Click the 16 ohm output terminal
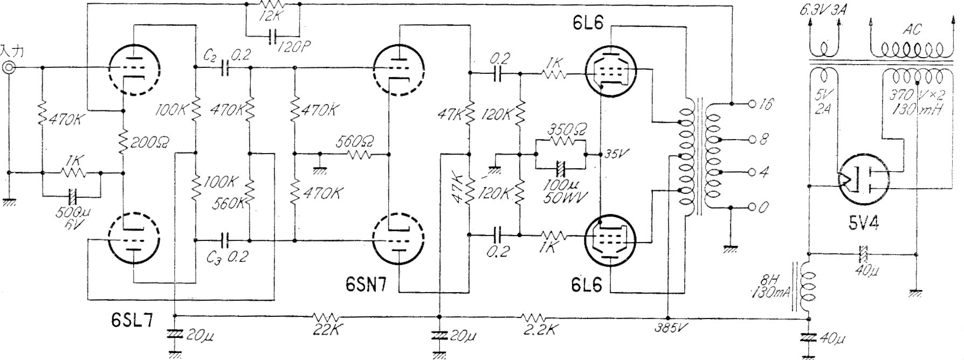click(752, 104)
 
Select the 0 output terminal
click(752, 207)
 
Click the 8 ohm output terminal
click(752, 140)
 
